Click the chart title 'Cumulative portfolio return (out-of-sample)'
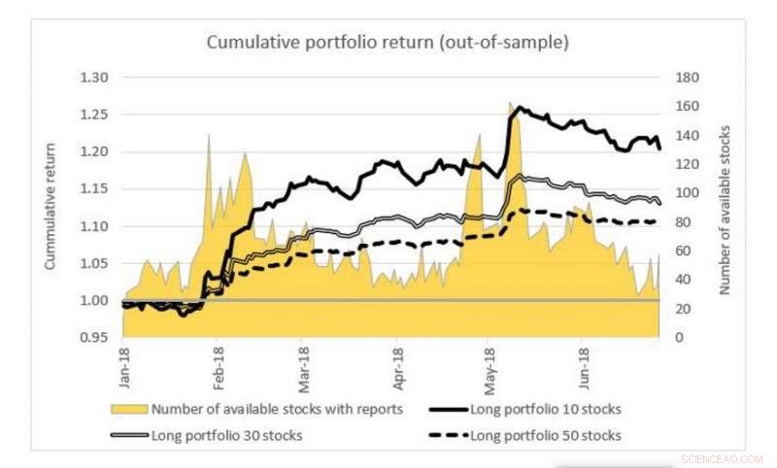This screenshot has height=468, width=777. click(x=388, y=43)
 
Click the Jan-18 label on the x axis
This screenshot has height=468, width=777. click(x=124, y=362)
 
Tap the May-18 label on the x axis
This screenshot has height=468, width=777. click(x=488, y=362)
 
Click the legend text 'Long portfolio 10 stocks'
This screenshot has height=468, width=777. click(x=546, y=408)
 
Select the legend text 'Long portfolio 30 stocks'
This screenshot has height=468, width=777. click(x=226, y=435)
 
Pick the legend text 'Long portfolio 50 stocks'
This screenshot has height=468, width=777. click(x=546, y=435)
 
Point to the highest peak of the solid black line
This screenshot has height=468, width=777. click(x=520, y=107)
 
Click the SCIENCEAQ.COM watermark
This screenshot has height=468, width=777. click(x=723, y=457)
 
